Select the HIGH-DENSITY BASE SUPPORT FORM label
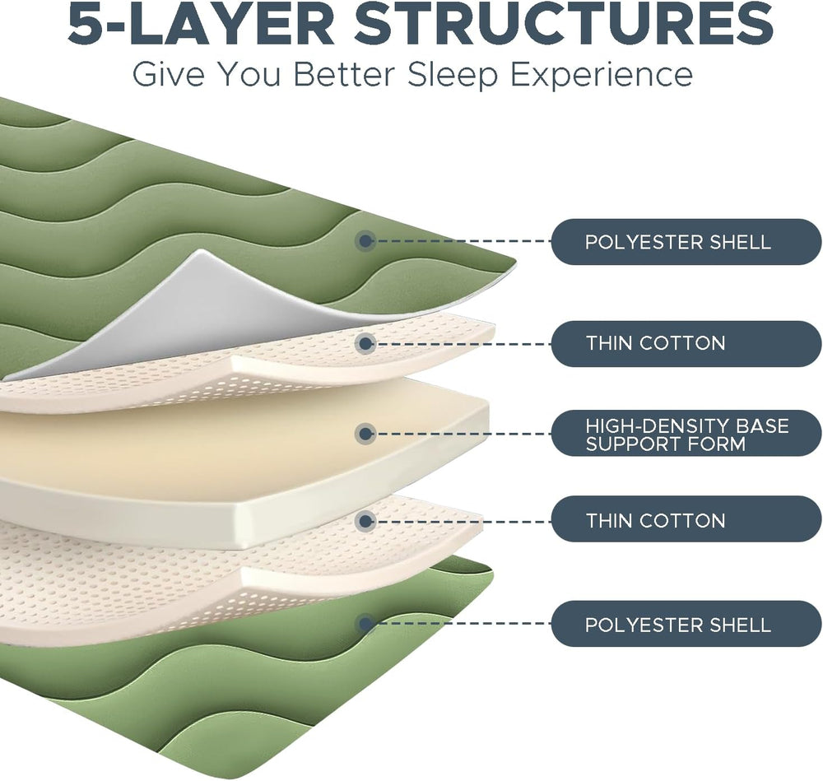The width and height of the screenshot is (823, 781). click(686, 435)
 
